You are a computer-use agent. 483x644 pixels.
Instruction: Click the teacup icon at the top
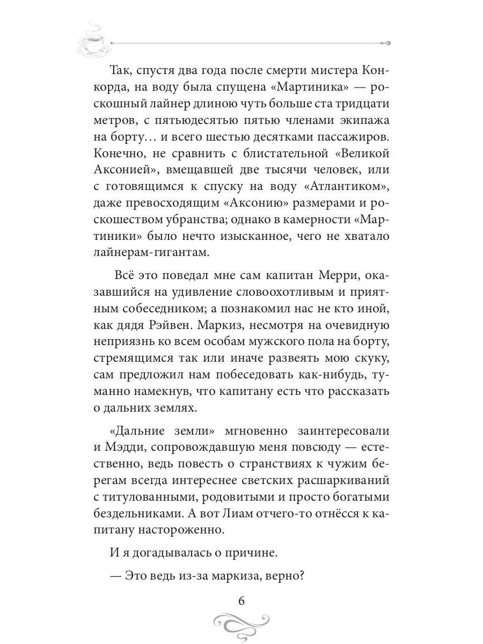click(94, 41)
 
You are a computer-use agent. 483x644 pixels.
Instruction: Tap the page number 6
click(241, 601)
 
